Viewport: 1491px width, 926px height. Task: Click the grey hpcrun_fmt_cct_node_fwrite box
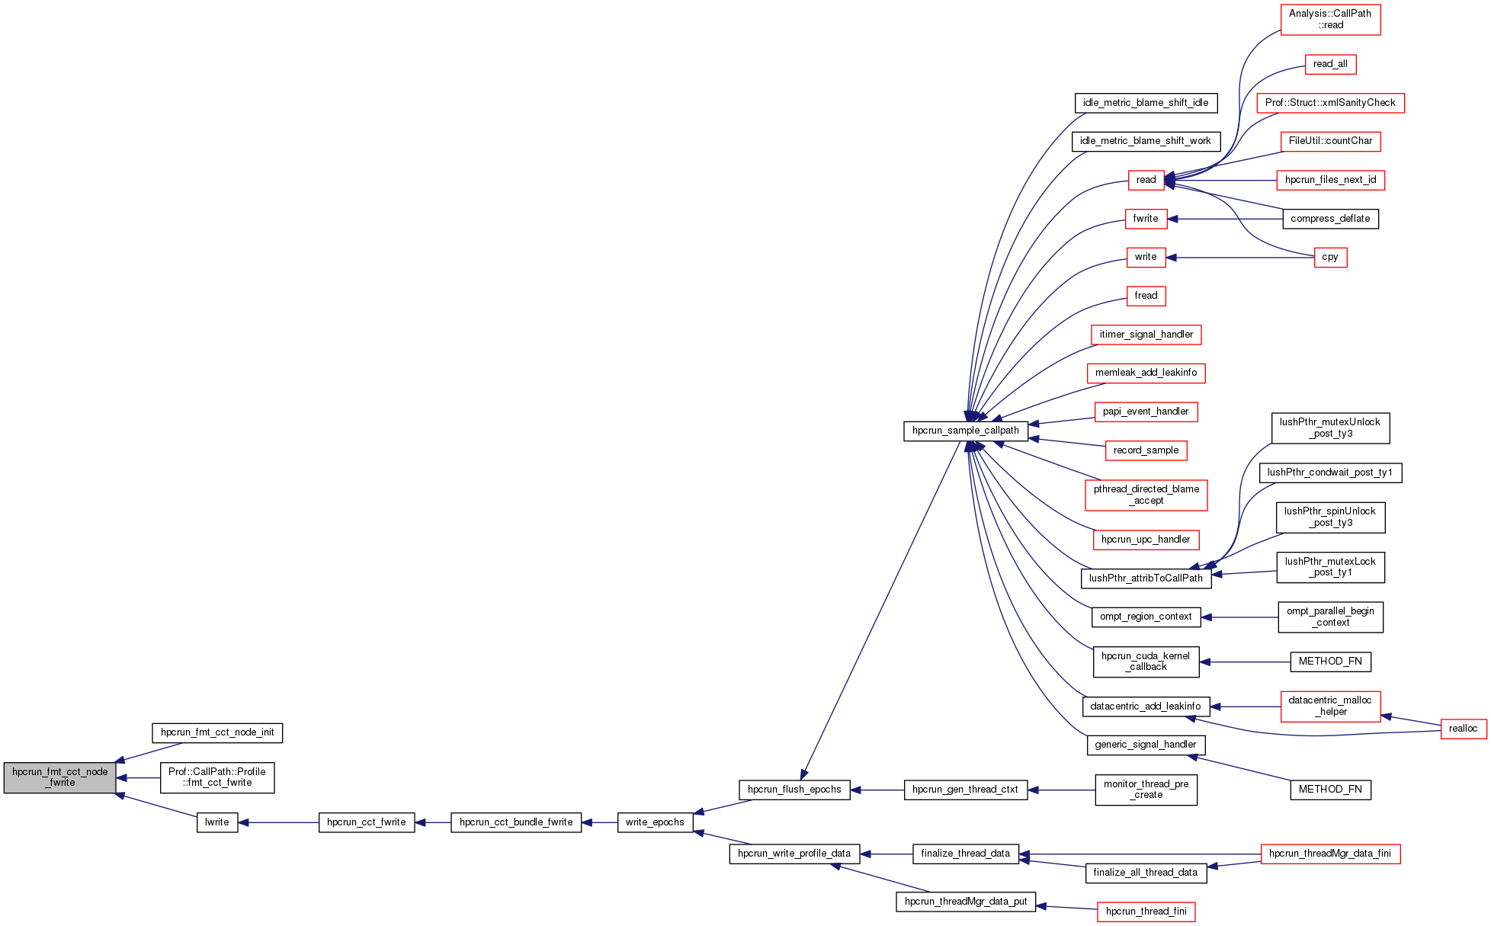59,777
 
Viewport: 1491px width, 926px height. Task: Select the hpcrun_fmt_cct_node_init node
217,733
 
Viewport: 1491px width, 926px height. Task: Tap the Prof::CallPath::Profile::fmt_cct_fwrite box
217,777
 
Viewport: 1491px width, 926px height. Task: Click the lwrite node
217,822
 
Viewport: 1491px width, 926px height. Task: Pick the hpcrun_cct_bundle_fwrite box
516,822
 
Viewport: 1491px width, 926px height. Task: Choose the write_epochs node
655,822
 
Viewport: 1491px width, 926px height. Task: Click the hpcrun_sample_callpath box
965,431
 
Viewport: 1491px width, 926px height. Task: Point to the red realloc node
1463,729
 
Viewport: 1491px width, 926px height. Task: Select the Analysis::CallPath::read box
1330,19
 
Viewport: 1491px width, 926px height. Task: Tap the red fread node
1146,296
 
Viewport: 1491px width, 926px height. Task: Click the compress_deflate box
1330,219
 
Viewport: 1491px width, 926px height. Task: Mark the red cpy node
1330,258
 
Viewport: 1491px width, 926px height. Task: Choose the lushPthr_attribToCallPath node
1146,578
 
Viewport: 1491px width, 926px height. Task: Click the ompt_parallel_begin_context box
1330,617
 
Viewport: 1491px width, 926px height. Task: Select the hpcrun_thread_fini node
1146,912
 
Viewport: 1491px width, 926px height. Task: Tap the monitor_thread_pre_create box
1146,790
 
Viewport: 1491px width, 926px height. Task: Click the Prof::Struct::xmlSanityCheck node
1330,103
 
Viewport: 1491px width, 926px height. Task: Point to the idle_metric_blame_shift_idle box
1146,103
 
